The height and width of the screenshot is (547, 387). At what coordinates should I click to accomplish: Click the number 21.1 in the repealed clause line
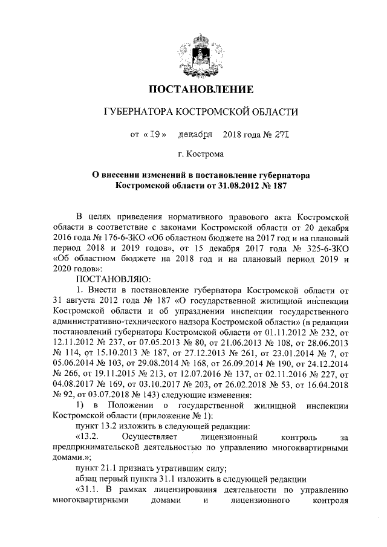coord(109,467)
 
